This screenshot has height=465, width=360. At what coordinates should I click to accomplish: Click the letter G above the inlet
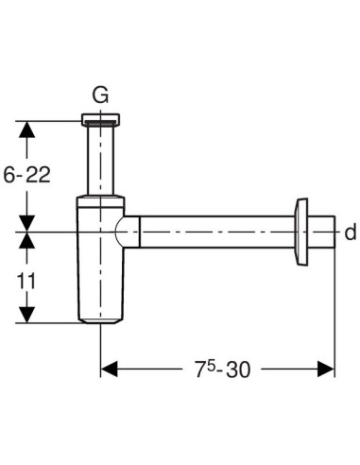[100, 94]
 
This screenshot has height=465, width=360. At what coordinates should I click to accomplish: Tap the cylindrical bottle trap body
[100, 274]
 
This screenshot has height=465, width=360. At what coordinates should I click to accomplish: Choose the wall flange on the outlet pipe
[304, 231]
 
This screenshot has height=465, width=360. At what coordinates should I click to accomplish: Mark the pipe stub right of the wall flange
[324, 231]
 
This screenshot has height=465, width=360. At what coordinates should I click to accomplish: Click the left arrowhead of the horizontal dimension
[110, 367]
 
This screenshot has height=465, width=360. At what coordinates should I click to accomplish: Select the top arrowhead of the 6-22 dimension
[28, 128]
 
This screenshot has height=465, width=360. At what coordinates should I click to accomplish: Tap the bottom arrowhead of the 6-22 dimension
[28, 222]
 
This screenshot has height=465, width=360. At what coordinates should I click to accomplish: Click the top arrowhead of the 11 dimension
[28, 239]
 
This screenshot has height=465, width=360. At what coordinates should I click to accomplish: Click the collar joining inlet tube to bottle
[100, 199]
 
